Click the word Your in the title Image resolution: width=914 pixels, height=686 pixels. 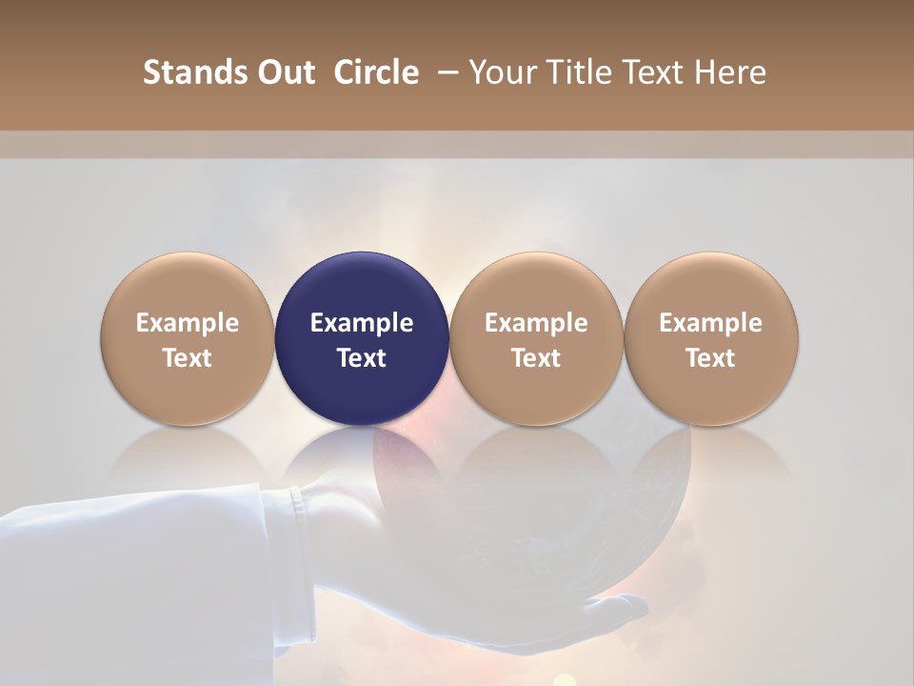(x=502, y=72)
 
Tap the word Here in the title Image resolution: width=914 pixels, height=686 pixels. (x=730, y=72)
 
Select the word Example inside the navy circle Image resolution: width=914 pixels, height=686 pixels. (x=362, y=323)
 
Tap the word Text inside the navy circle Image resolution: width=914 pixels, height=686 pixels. (x=362, y=358)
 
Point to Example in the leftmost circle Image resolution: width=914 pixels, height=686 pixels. (x=188, y=323)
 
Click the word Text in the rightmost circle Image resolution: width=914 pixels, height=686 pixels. (x=711, y=358)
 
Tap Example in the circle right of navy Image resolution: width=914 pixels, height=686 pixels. (x=536, y=323)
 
